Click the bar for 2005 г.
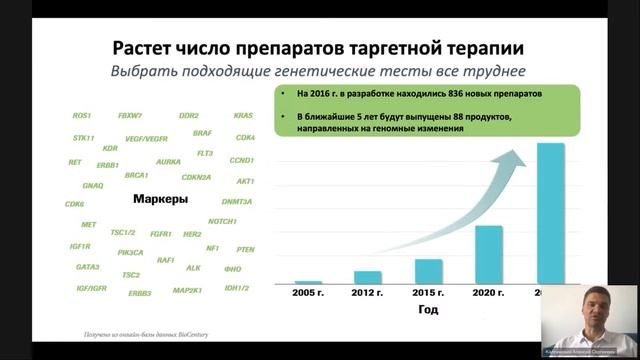(x=308, y=282)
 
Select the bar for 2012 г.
(x=368, y=277)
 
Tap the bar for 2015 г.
(x=428, y=271)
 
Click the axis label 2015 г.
(x=428, y=293)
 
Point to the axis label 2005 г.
(x=308, y=293)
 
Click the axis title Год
(x=427, y=310)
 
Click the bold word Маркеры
(x=161, y=200)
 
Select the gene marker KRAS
(x=244, y=115)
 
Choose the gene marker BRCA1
(x=136, y=174)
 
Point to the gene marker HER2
(x=192, y=234)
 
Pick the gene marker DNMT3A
(x=237, y=201)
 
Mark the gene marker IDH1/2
(x=237, y=288)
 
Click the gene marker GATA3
(x=87, y=267)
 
